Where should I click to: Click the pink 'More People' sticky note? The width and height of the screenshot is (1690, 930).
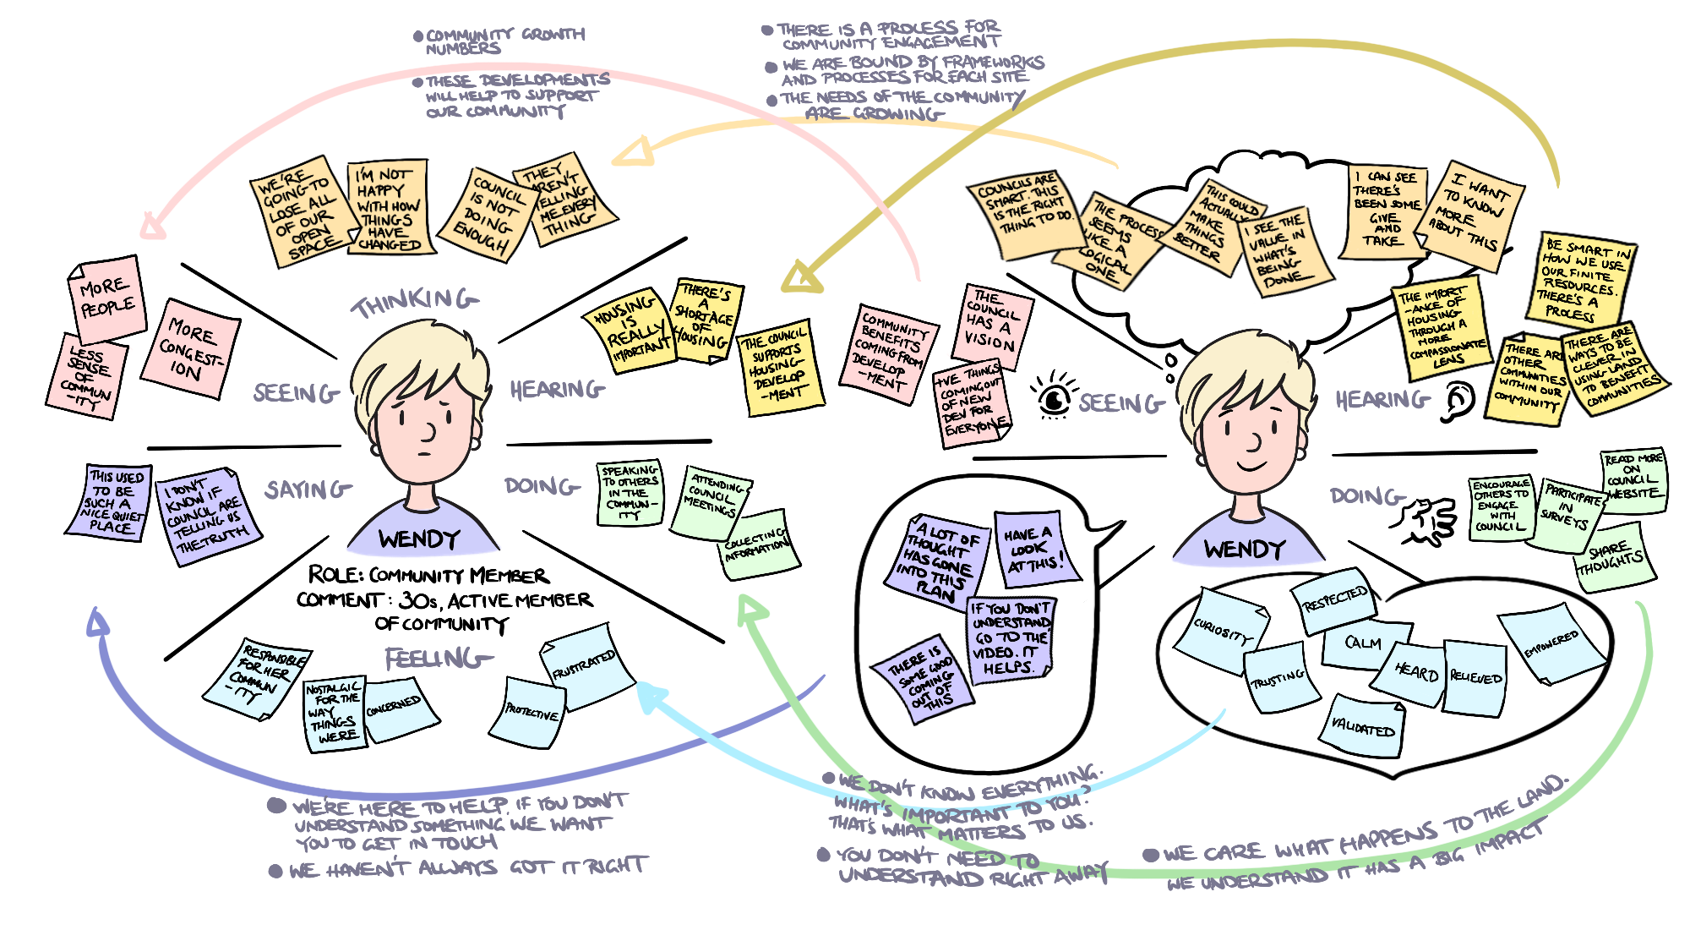[106, 298]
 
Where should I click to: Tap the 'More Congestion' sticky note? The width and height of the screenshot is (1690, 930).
[190, 348]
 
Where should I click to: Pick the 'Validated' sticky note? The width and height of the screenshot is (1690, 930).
[1362, 726]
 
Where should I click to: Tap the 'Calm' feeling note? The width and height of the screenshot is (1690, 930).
[1363, 643]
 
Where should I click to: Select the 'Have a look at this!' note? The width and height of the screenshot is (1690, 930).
[1034, 547]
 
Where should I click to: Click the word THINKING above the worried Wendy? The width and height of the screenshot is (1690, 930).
[414, 302]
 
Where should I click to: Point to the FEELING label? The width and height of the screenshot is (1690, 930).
[437, 659]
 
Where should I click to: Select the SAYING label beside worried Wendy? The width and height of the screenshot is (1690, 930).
[308, 490]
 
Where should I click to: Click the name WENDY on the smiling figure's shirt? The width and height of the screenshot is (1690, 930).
[1244, 550]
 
